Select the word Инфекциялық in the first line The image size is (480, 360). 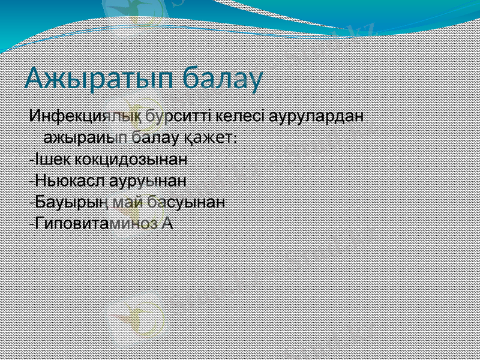click(88, 115)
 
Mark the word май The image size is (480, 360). click(122, 202)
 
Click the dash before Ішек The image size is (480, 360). click(31, 160)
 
